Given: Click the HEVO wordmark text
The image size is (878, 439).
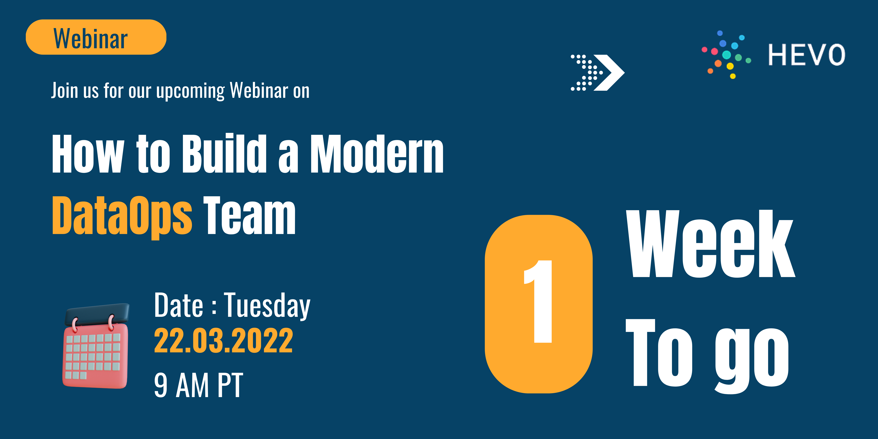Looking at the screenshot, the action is coord(806,54).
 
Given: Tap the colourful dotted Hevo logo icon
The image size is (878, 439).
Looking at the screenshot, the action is coord(726,54).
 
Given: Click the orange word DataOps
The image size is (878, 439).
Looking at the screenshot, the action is coord(122,216).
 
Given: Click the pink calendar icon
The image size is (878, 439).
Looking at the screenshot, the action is coord(96,346).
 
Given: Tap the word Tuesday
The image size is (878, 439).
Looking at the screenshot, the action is coord(267,306).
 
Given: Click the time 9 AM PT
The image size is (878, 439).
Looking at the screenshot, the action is coord(198,385).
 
